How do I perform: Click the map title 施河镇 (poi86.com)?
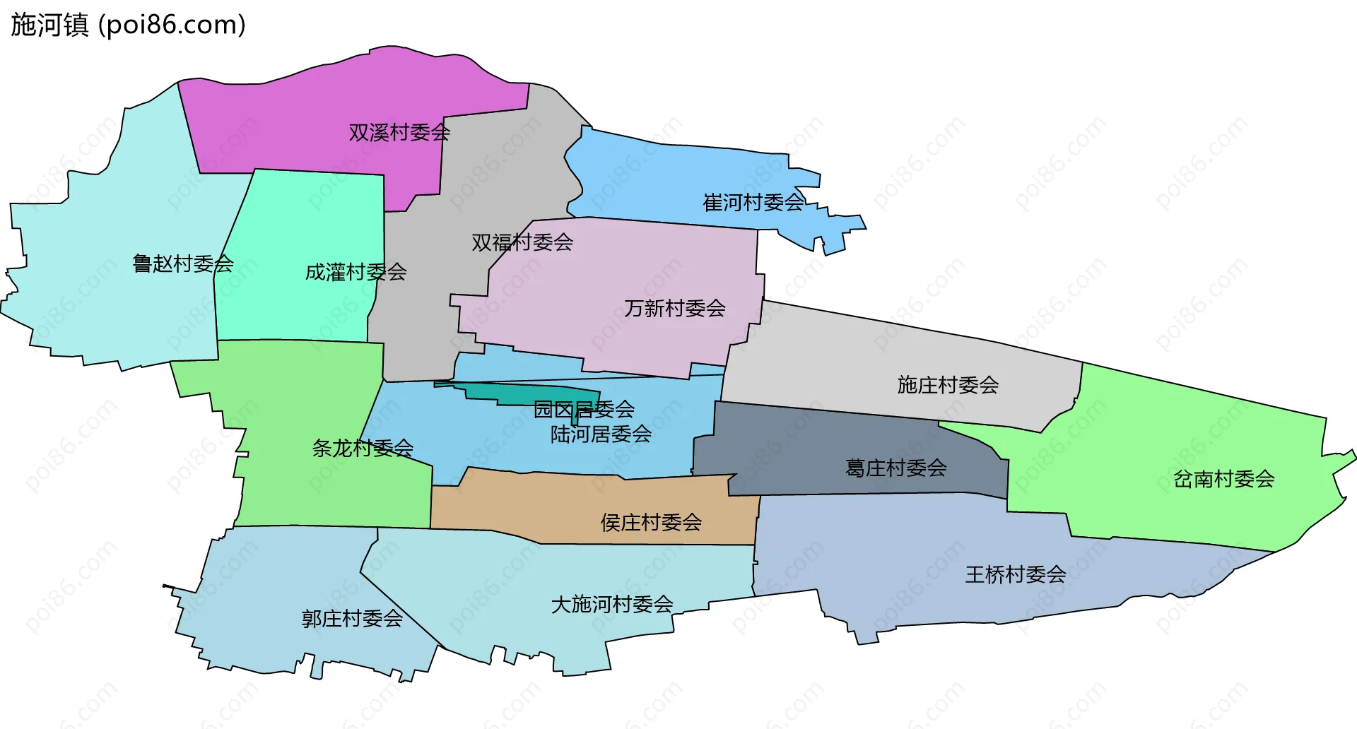[x=128, y=25]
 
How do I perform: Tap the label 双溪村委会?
[x=399, y=132]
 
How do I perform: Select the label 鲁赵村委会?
[x=183, y=263]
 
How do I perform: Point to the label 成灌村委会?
[x=356, y=272]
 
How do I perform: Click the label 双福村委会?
[x=522, y=242]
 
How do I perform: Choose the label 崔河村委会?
[x=753, y=203]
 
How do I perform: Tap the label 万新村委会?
[x=675, y=308]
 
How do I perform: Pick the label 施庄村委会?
[x=948, y=385]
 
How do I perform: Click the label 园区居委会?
[x=584, y=409]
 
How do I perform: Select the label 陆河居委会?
[x=601, y=434]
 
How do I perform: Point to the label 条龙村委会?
[x=363, y=448]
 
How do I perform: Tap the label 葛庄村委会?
[x=895, y=468]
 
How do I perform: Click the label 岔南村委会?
[x=1223, y=479]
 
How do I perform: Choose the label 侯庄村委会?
[x=651, y=522]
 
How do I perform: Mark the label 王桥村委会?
[x=1016, y=574]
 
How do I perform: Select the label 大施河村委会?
[x=612, y=604]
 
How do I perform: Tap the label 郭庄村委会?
[x=352, y=619]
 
